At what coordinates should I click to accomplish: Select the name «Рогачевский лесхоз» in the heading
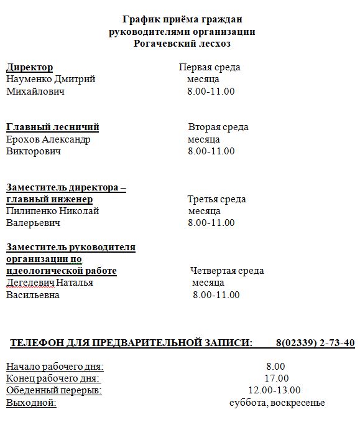pyautogui.click(x=182, y=44)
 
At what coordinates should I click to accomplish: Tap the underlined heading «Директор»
pyautogui.click(x=29, y=67)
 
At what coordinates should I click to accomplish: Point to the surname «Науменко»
pyautogui.click(x=29, y=79)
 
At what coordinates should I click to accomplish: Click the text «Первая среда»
pyautogui.click(x=210, y=67)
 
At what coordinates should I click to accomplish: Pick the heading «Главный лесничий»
pyautogui.click(x=52, y=127)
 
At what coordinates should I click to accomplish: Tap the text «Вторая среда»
pyautogui.click(x=218, y=127)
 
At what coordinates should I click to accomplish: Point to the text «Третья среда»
pyautogui.click(x=216, y=199)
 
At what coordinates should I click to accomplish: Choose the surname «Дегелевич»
pyautogui.click(x=30, y=283)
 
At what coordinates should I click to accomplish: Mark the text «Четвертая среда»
pyautogui.click(x=227, y=271)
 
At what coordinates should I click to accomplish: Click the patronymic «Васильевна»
pyautogui.click(x=32, y=295)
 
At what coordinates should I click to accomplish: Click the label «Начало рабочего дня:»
pyautogui.click(x=55, y=367)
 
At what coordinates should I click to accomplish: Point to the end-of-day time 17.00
pyautogui.click(x=276, y=378)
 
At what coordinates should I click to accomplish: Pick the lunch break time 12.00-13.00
pyautogui.click(x=274, y=390)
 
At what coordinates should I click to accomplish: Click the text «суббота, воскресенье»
pyautogui.click(x=277, y=403)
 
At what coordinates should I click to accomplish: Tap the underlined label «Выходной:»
pyautogui.click(x=31, y=403)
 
